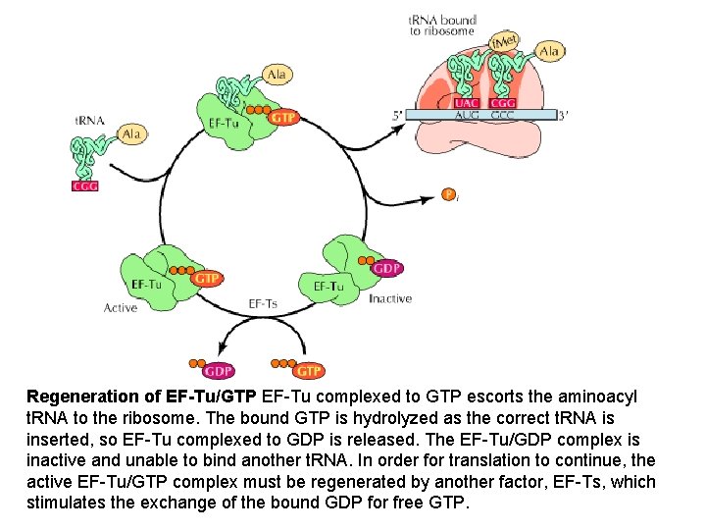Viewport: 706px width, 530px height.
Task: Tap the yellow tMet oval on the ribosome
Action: pyautogui.click(x=505, y=42)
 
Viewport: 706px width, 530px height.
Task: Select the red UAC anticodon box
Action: pyautogui.click(x=468, y=101)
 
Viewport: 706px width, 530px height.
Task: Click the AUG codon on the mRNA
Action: pyautogui.click(x=468, y=115)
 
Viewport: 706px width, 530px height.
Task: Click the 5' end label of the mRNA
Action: pyautogui.click(x=397, y=115)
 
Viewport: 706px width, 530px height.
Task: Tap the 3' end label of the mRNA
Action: pyautogui.click(x=563, y=115)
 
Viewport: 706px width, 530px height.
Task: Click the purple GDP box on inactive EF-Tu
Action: pyautogui.click(x=387, y=268)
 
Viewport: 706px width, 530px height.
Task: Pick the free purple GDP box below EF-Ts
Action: pyautogui.click(x=218, y=371)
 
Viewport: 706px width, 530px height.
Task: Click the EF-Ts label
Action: pyautogui.click(x=263, y=303)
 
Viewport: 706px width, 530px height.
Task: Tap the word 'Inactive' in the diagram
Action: pyautogui.click(x=390, y=298)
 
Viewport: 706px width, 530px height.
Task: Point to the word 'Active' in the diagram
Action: pyautogui.click(x=121, y=308)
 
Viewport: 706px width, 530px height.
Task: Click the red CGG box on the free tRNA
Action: pyautogui.click(x=85, y=186)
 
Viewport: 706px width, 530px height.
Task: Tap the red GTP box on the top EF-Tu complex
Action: pyautogui.click(x=282, y=118)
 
